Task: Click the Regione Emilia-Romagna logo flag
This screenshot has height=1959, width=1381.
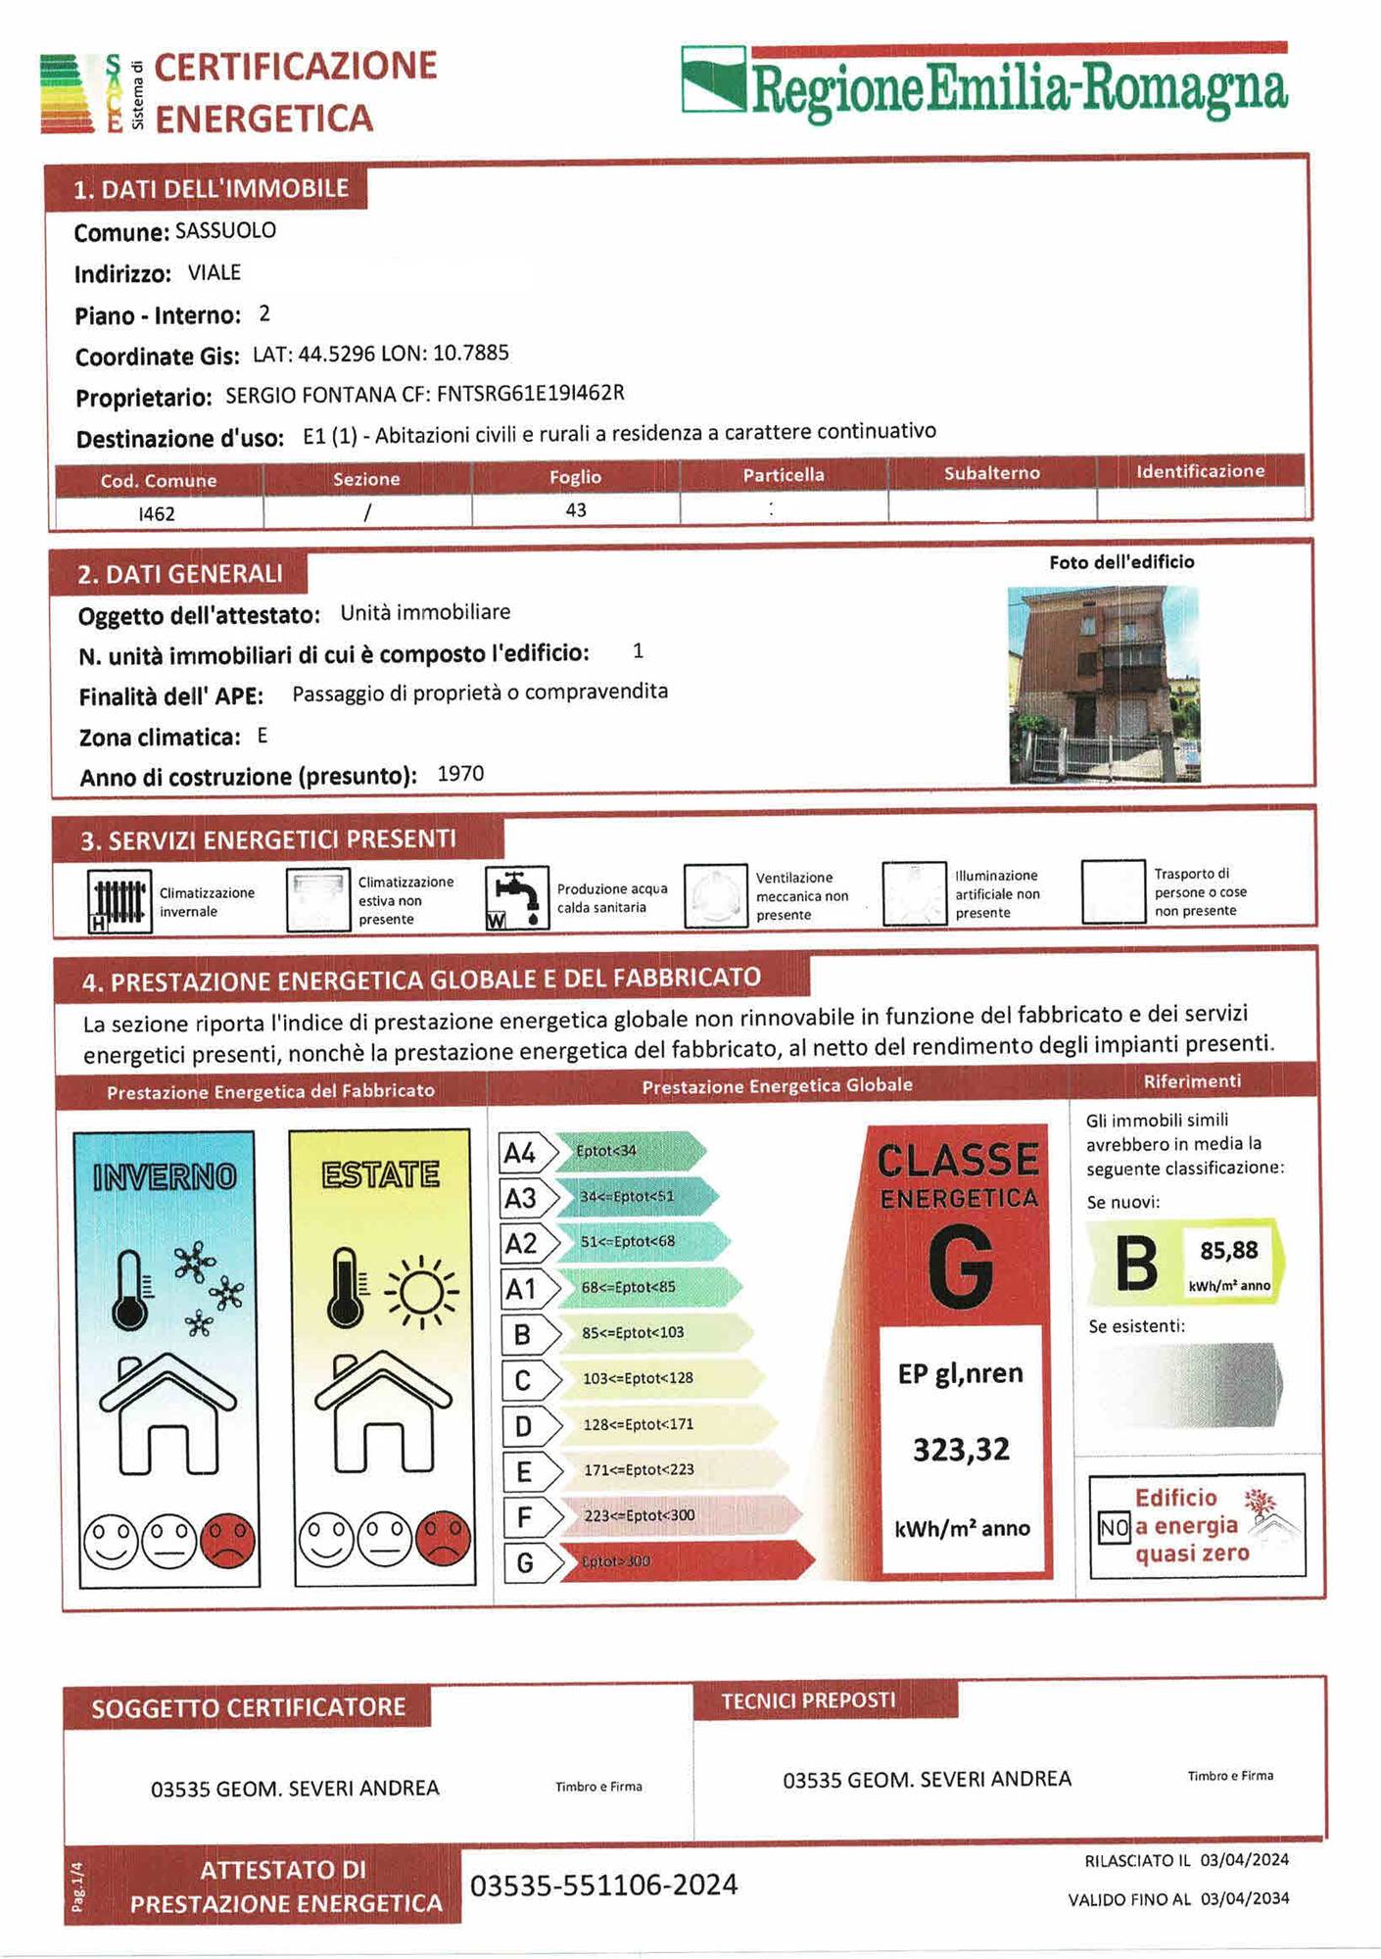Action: click(714, 80)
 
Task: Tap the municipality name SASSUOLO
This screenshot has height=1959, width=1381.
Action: click(225, 231)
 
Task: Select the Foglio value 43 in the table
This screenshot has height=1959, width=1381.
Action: click(576, 510)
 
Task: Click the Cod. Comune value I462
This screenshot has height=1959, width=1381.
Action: click(157, 513)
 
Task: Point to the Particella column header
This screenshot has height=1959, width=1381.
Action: click(784, 475)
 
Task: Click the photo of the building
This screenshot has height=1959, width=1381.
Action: click(1104, 684)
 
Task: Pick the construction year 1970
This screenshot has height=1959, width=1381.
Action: click(460, 774)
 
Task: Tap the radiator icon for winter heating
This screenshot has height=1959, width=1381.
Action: click(119, 900)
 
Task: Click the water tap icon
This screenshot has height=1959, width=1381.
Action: click(516, 897)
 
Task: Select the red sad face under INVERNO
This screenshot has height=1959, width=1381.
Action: click(228, 1540)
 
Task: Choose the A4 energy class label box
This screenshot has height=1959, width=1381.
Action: click(520, 1153)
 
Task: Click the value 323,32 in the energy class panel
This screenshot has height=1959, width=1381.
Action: click(961, 1450)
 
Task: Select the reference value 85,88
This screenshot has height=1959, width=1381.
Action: click(1228, 1251)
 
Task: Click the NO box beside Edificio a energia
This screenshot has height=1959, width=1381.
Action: click(1114, 1527)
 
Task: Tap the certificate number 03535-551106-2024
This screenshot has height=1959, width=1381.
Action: click(603, 1886)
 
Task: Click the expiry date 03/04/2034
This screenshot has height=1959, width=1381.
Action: click(1244, 1898)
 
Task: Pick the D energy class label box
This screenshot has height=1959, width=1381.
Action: click(523, 1426)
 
